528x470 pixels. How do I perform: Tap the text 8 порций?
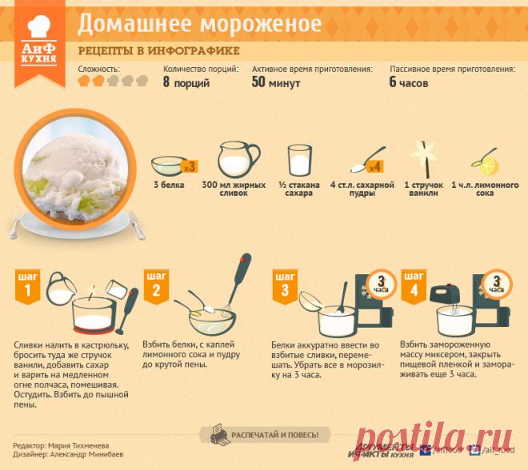pos(187,82)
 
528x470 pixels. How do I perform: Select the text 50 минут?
pos(276,82)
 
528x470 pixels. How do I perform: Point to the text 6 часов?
pos(409,82)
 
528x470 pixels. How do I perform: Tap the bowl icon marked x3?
pos(172,165)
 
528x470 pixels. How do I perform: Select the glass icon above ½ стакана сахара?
pos(298,158)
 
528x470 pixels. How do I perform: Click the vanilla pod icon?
pos(422,157)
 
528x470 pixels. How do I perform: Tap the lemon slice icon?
pos(484,164)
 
